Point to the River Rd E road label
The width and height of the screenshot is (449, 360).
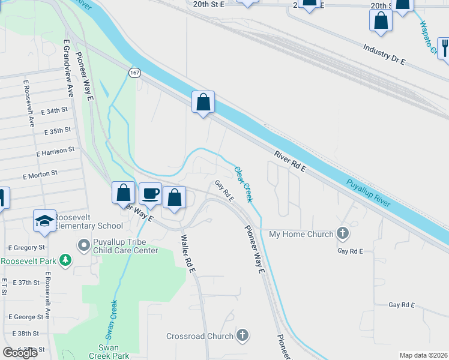(290, 162)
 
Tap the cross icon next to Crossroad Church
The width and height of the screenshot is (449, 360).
(243, 335)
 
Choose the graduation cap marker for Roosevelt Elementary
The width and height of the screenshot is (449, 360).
(44, 221)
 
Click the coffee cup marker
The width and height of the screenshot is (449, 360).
(151, 194)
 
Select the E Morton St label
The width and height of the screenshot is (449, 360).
(40, 175)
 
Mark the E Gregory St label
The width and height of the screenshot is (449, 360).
(26, 248)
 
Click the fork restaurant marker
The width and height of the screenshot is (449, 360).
(444, 46)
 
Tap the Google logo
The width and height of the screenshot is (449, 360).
(20, 352)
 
